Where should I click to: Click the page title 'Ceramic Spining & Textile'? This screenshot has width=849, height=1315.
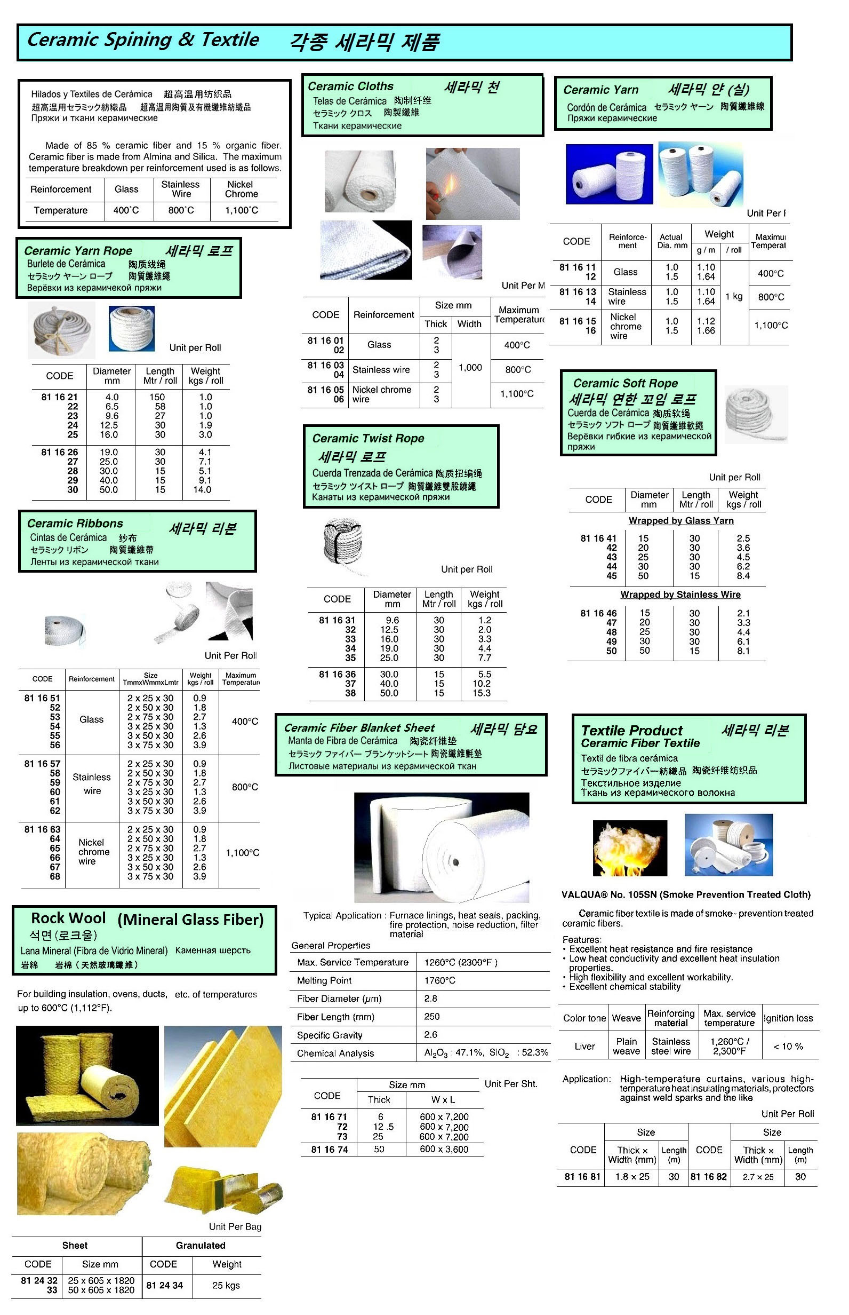pos(143,39)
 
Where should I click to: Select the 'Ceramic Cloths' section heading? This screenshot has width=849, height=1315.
pos(350,86)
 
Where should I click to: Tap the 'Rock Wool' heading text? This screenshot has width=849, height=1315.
pos(68,918)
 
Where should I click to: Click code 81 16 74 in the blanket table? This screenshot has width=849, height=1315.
pos(329,1150)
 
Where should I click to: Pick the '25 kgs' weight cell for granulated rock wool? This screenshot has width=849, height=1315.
pos(226,1285)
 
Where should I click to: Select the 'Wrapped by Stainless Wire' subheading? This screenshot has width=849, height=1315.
pos(680,595)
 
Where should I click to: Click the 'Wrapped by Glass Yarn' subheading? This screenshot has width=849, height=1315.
pos(681,521)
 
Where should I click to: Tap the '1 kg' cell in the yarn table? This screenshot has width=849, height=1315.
pos(734,297)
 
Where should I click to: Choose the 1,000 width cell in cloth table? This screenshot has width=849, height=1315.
pos(470,368)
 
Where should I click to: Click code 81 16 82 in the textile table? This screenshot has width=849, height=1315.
pos(708,1177)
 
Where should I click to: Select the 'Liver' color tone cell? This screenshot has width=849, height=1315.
pos(584,1047)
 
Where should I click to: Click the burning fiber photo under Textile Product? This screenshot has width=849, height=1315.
pos(630,848)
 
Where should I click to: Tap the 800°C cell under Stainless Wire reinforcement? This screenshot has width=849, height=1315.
pos(181,210)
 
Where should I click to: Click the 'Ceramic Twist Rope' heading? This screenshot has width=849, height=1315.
pos(369,439)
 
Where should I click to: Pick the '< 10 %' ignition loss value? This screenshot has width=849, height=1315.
pos(788,1047)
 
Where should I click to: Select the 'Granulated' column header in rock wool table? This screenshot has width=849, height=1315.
pos(201,1246)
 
